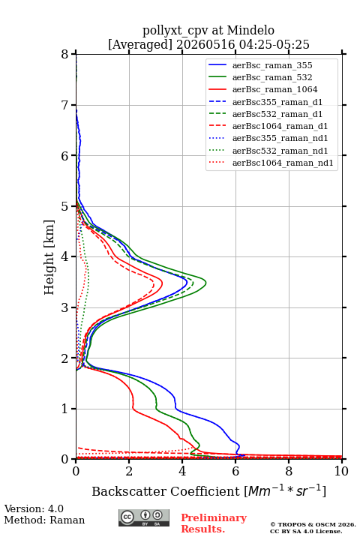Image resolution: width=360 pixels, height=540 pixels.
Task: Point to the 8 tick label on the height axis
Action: coord(65,54)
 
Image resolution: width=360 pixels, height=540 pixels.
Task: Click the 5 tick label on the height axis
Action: coord(65,206)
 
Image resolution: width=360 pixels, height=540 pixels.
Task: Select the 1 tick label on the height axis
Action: coord(65,409)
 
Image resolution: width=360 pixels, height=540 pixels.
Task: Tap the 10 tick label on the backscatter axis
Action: coord(341,471)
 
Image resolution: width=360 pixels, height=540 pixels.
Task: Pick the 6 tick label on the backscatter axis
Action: coord(235,471)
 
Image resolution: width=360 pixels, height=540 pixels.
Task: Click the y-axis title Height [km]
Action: coord(49,257)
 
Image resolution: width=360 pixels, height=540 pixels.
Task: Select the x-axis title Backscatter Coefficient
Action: coord(166,491)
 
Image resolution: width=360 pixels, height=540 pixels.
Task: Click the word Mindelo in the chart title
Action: coord(250,30)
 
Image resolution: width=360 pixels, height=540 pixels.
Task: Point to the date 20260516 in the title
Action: coord(205,44)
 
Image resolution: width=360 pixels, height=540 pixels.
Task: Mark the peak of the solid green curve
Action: coord(206,283)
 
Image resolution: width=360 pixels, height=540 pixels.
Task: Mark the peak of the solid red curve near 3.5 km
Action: coord(162,283)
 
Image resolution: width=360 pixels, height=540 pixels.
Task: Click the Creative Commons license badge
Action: coord(144,517)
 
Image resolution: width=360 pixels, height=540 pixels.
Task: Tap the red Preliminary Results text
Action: coord(214,523)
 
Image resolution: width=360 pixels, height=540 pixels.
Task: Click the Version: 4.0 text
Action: coord(34,508)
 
